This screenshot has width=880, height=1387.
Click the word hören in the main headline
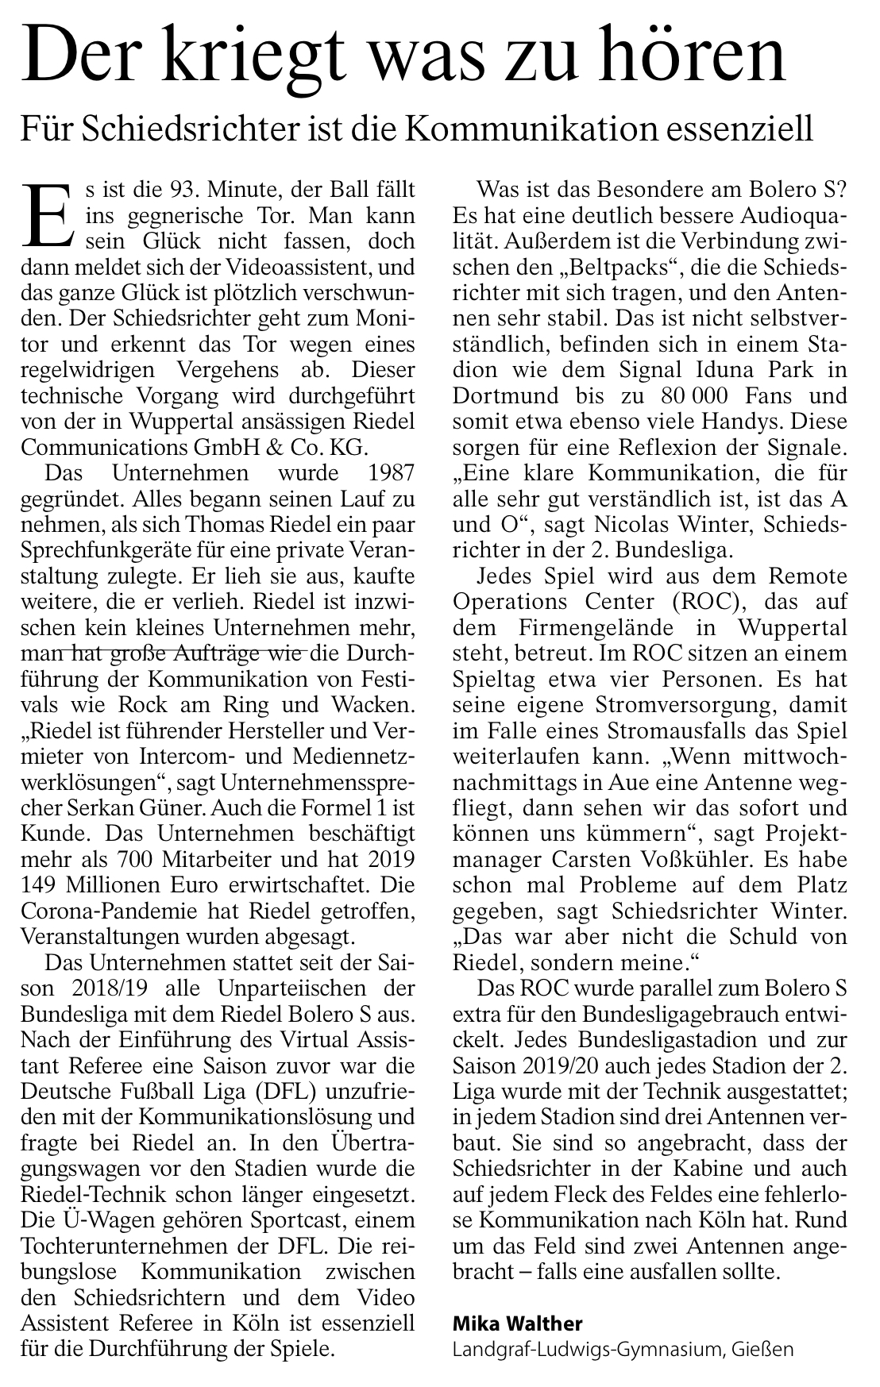(701, 57)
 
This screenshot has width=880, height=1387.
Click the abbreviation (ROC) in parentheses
(675, 602)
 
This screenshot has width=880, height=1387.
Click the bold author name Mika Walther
(517, 1323)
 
